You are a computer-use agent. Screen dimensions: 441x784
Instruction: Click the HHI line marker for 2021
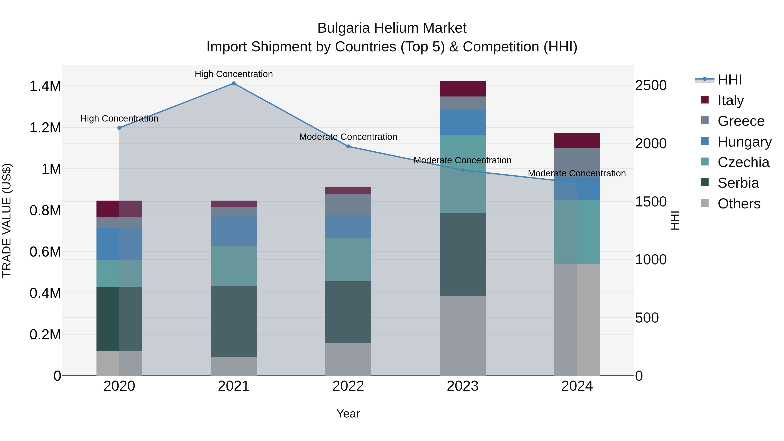pos(234,83)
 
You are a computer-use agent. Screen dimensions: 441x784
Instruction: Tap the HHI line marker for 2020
pos(119,128)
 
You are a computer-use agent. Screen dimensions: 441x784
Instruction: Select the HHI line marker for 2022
pos(348,146)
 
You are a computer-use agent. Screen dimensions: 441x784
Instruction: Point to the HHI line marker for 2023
pos(463,170)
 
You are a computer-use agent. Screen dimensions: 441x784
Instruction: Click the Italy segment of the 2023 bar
pos(463,89)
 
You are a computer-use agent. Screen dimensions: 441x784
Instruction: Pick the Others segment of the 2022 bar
pos(348,359)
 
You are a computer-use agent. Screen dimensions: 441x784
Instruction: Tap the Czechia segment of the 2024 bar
pos(577,232)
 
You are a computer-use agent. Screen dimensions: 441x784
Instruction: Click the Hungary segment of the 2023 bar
pos(463,122)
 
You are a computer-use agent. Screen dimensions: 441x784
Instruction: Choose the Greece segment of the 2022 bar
pos(348,204)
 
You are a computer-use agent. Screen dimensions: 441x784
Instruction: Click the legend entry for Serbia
pos(738,183)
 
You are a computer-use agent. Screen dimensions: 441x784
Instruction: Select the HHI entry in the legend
pos(729,80)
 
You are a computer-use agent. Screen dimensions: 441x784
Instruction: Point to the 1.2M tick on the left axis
pos(45,128)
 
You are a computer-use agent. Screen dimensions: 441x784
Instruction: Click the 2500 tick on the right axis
pos(651,86)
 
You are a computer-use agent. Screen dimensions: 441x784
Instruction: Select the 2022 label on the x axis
pos(348,386)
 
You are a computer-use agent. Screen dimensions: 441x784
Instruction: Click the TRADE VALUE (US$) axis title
pos(7,220)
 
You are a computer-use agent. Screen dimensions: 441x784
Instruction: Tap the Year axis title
pos(348,414)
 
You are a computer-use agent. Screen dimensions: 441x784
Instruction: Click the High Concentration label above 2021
pos(234,74)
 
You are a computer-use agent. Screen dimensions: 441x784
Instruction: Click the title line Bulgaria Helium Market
pos(392,28)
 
